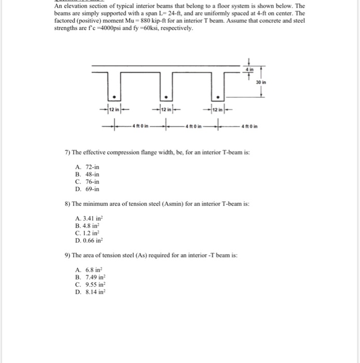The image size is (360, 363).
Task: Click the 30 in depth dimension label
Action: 261,82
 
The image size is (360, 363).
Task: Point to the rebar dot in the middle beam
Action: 165,96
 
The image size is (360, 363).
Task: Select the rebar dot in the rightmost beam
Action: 218,96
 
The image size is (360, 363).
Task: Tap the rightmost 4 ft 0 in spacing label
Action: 249,125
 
